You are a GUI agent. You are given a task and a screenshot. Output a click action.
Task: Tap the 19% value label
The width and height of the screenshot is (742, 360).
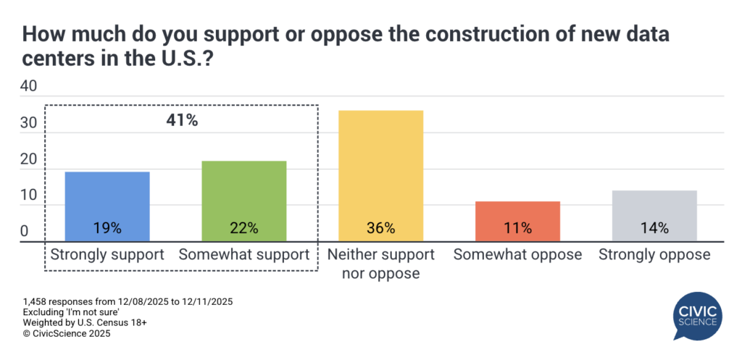point(107,228)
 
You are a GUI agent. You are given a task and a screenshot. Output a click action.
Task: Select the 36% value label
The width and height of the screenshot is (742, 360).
point(380,228)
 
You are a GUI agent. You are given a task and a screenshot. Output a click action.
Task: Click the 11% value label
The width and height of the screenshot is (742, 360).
point(517,228)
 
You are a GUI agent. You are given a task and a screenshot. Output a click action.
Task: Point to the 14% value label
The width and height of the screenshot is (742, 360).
point(654,228)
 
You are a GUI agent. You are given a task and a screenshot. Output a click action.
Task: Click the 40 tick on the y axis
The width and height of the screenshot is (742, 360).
point(28,86)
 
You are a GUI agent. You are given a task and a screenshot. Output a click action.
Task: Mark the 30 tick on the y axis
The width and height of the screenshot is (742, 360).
point(28,123)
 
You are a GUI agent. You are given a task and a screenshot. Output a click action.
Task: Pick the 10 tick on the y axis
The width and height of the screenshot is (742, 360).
point(28,196)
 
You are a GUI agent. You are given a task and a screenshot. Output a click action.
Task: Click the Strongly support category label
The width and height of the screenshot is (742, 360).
point(107,255)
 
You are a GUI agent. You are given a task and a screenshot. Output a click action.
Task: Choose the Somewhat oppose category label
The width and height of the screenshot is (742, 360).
point(517,255)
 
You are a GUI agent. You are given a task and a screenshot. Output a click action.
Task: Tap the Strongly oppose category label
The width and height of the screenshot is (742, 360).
point(654,255)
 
